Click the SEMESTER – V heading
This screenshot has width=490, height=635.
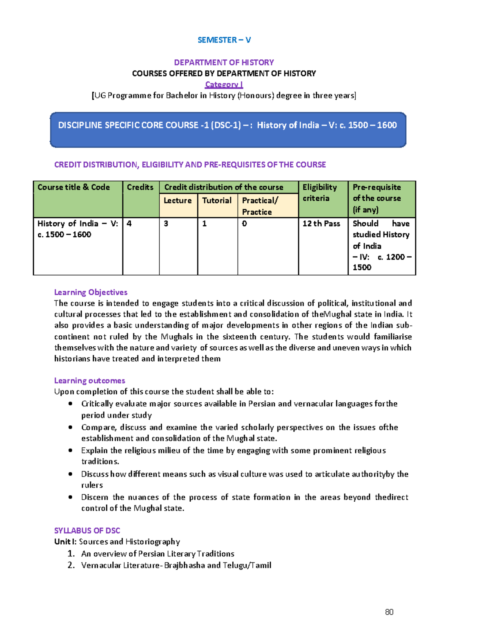224,40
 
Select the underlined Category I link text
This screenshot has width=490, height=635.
224,85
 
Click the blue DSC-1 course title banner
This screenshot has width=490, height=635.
227,129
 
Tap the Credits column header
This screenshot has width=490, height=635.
140,187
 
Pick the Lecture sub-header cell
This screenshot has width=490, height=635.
178,201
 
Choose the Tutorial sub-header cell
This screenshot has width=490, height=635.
217,201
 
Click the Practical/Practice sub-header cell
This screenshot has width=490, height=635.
260,206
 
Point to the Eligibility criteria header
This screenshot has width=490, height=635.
319,193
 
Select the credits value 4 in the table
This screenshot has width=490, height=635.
129,224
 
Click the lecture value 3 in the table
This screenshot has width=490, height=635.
166,224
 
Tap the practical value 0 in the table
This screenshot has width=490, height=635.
245,224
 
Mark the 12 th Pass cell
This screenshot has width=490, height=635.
321,224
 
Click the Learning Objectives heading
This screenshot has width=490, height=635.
91,292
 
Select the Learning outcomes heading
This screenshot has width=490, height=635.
89,381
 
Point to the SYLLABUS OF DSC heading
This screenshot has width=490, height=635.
87,531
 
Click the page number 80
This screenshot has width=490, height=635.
389,612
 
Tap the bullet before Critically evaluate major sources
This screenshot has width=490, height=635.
71,404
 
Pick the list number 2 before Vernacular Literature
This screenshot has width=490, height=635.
71,565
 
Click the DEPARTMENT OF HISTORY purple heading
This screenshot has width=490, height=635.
224,63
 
